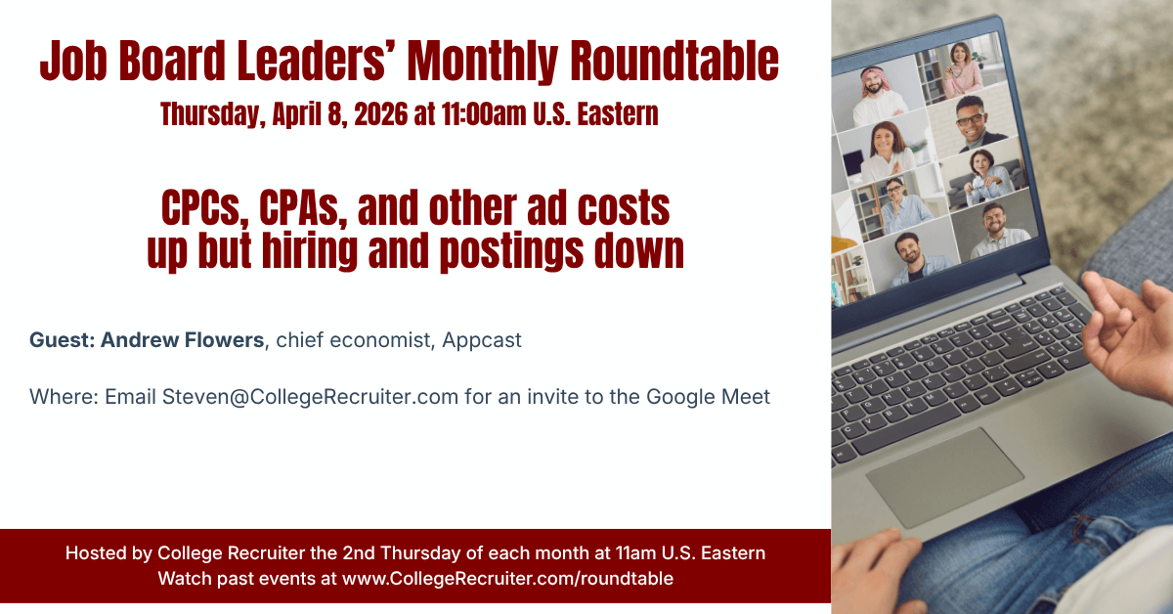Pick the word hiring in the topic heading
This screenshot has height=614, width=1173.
click(317, 251)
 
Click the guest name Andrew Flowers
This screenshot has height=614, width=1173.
click(182, 340)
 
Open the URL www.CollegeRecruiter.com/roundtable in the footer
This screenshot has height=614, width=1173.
click(507, 578)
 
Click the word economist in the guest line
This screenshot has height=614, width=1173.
click(391, 340)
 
